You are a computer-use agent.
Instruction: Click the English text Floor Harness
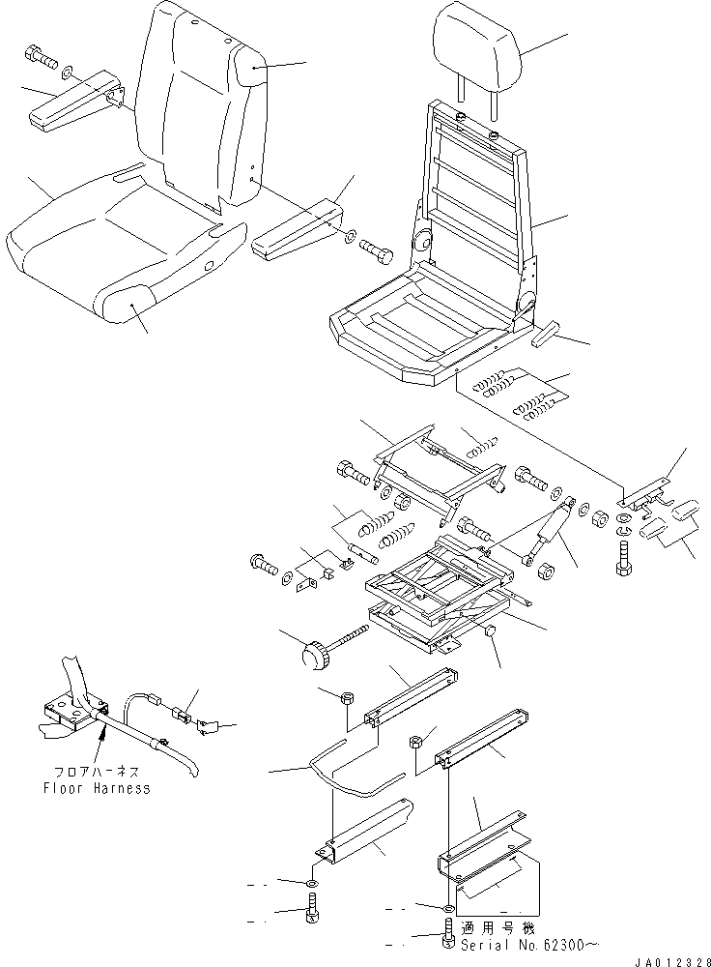98,788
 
